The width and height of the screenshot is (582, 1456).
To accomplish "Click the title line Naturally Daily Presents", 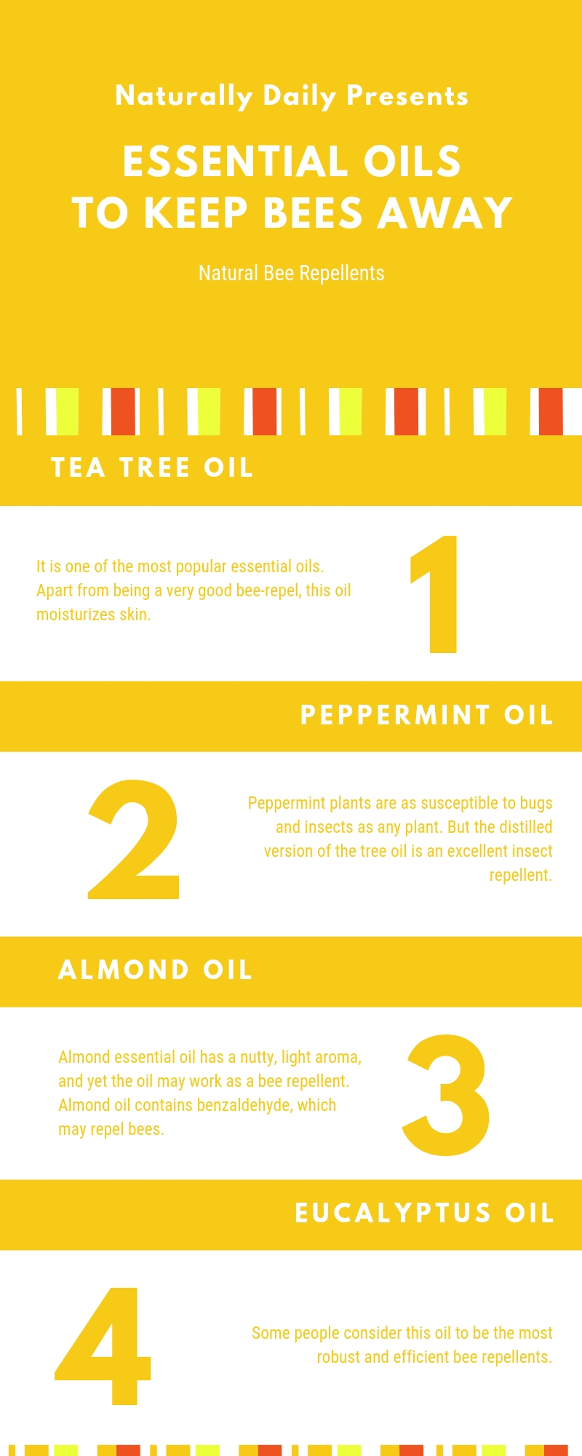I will pyautogui.click(x=291, y=96).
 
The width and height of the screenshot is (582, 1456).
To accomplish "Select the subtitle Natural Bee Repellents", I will pyautogui.click(x=291, y=274).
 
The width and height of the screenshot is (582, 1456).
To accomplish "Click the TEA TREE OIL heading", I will pyautogui.click(x=152, y=467).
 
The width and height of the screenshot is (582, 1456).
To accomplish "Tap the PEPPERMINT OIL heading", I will pyautogui.click(x=427, y=716).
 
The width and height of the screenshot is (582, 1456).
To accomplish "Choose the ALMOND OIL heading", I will pyautogui.click(x=155, y=970).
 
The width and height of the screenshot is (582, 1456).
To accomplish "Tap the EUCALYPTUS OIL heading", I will pyautogui.click(x=424, y=1214).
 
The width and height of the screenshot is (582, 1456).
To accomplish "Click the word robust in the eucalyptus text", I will pyautogui.click(x=338, y=1357).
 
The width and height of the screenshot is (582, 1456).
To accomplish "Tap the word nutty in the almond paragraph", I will pyautogui.click(x=258, y=1057).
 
